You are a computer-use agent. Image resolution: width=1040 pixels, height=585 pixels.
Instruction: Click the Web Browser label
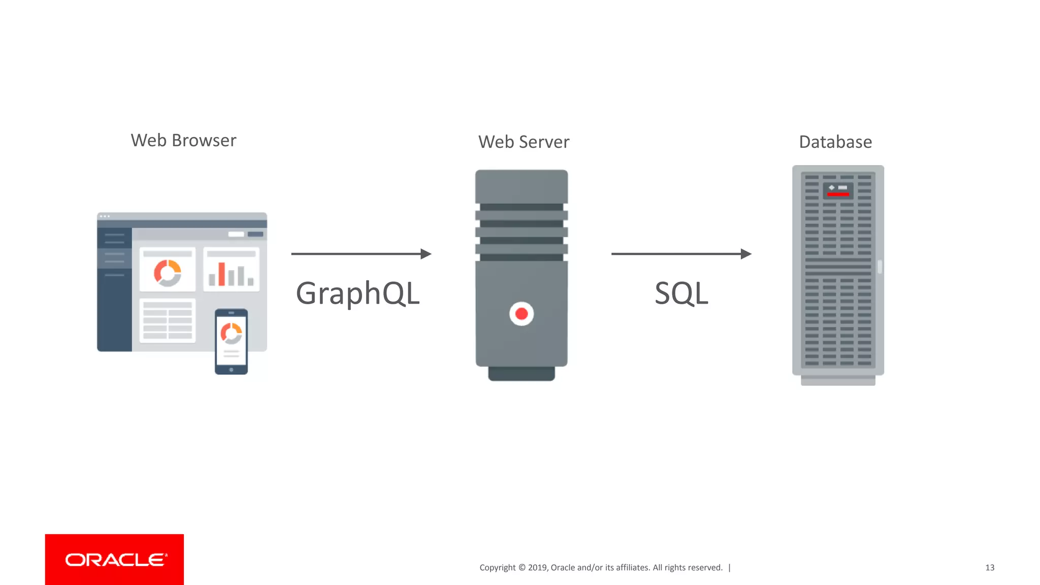[183, 140]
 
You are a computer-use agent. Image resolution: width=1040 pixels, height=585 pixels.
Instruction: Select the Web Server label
[524, 142]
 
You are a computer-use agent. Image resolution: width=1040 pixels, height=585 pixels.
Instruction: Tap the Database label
[835, 142]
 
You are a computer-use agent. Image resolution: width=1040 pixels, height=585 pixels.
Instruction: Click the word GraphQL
[358, 294]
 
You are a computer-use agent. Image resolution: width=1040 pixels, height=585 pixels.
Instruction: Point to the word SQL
[681, 294]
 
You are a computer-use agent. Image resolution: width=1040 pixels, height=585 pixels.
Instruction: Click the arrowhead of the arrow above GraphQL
[426, 254]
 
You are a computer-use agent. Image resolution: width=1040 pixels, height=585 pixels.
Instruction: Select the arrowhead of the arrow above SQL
[746, 254]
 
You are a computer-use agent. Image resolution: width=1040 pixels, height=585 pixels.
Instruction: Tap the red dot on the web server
[522, 314]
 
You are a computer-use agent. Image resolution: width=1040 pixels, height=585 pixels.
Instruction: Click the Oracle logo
[115, 560]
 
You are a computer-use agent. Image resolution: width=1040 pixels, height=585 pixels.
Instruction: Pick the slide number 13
[990, 568]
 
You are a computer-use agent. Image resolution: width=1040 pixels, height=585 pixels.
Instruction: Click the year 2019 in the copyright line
[538, 568]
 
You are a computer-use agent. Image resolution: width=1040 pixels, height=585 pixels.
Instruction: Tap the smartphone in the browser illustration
[231, 341]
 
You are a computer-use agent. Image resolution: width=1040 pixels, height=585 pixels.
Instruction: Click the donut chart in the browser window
[168, 273]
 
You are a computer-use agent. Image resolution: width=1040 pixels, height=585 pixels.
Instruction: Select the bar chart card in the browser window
[231, 270]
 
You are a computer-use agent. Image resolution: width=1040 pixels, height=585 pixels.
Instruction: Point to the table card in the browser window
[168, 320]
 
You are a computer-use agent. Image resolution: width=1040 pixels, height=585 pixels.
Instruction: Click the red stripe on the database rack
[838, 194]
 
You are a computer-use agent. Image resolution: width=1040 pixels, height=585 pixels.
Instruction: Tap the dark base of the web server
[522, 374]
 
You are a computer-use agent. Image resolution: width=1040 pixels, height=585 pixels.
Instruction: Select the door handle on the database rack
[880, 267]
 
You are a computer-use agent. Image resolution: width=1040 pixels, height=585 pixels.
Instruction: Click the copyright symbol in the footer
[522, 568]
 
